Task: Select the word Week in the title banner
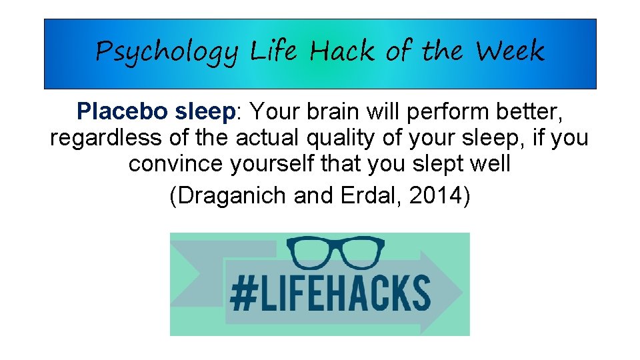click(x=509, y=51)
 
